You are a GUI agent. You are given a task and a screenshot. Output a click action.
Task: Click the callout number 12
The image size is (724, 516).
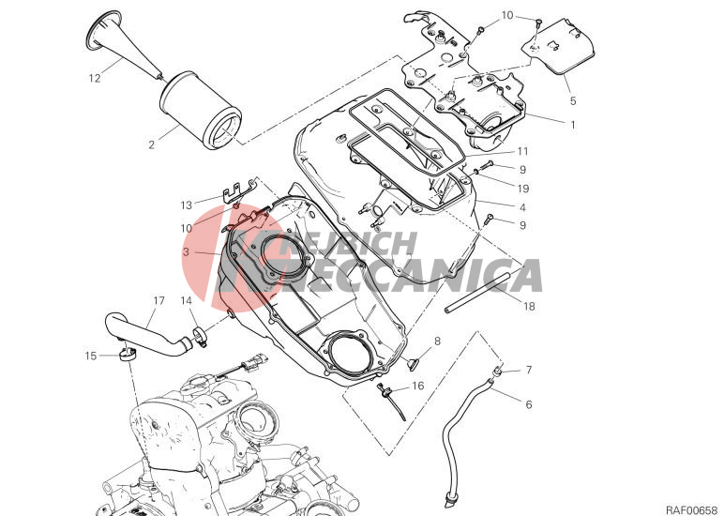95,79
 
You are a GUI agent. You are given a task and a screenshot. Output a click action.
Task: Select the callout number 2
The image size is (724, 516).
150,144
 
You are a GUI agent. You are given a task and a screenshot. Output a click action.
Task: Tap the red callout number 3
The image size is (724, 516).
187,252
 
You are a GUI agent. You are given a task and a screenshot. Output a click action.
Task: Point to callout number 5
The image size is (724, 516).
571,99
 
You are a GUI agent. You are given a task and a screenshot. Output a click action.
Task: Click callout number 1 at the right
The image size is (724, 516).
571,123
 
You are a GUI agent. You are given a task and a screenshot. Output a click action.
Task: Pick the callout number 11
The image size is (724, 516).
522,151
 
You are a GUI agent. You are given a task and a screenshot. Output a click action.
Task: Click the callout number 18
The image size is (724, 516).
529,306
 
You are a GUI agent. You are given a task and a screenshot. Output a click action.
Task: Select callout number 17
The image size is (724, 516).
158,301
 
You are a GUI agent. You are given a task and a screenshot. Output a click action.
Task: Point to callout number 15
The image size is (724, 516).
90,356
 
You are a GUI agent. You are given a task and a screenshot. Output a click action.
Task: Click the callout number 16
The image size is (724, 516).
417,386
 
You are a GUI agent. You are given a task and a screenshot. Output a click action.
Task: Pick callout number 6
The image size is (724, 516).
528,404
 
